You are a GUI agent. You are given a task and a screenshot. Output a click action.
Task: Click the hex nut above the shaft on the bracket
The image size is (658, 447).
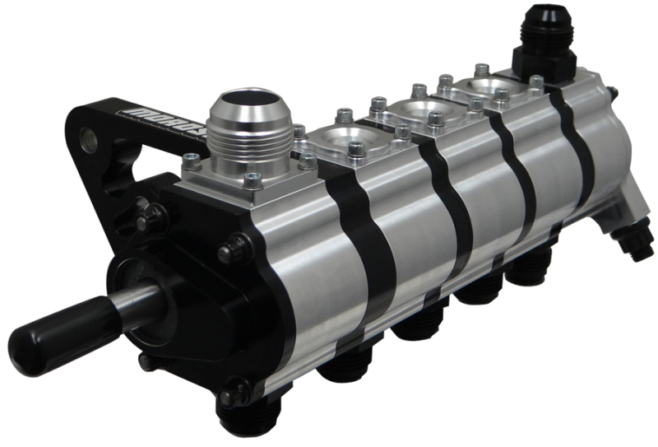[x=151, y=217]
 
